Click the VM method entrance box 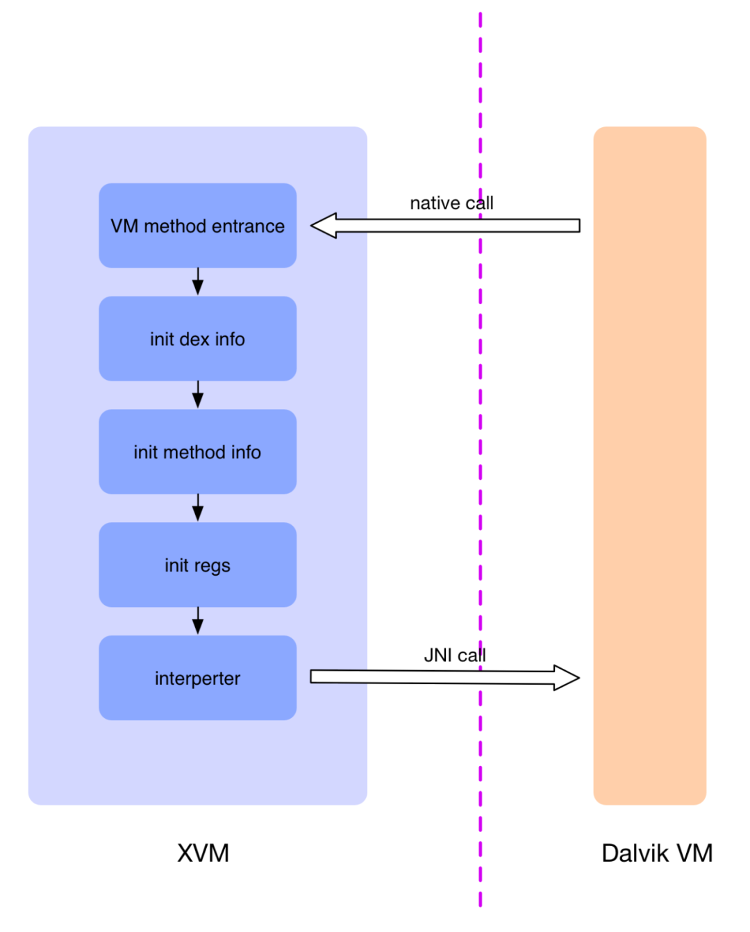click(197, 225)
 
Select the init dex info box click(197, 338)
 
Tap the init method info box click(197, 451)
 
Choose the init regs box click(197, 565)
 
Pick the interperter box click(197, 678)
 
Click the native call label click(451, 203)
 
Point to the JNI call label click(455, 656)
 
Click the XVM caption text click(203, 854)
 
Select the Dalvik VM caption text click(657, 854)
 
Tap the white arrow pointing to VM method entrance click(445, 225)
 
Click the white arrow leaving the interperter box click(445, 677)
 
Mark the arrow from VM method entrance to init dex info click(198, 281)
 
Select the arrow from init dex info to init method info click(198, 394)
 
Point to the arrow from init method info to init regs click(198, 508)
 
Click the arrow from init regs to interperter click(198, 621)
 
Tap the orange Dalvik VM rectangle click(649, 465)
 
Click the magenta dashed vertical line click(481, 459)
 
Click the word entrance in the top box click(248, 226)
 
